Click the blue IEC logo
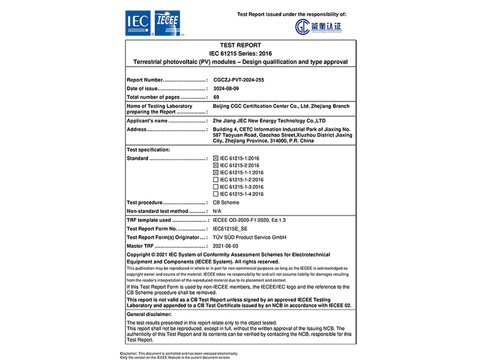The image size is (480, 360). [x=139, y=23]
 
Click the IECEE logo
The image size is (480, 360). [x=169, y=23]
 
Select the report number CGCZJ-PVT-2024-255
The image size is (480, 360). [x=239, y=79]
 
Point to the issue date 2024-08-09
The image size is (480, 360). [x=226, y=88]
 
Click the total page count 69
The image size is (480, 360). [x=216, y=97]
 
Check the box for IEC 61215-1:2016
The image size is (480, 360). [x=216, y=158]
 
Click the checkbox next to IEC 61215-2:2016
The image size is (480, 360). [x=216, y=165]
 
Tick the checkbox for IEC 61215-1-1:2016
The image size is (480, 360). [x=216, y=172]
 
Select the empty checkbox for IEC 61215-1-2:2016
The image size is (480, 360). [x=216, y=179]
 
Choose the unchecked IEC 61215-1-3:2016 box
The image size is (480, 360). [x=216, y=187]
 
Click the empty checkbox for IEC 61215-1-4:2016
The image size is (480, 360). [x=216, y=194]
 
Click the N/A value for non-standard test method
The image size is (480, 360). [x=217, y=211]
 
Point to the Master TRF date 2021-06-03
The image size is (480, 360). [x=226, y=245]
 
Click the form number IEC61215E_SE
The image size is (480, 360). [x=230, y=229]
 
